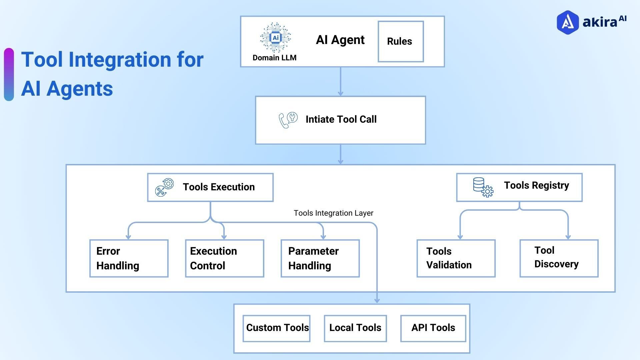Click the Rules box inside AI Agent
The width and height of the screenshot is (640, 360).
click(x=400, y=42)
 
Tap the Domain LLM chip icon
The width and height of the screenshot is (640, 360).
click(x=275, y=38)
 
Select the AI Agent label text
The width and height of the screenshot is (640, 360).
click(x=340, y=40)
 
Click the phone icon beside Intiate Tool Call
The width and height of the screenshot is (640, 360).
click(x=288, y=120)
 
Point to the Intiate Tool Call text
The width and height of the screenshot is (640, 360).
click(x=341, y=119)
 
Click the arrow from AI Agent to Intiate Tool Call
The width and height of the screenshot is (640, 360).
click(x=340, y=82)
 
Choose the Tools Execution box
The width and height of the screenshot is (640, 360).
click(x=210, y=187)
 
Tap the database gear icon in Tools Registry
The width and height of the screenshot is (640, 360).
click(x=483, y=187)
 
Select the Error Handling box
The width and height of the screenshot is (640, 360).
click(x=129, y=258)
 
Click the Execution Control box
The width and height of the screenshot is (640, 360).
click(x=224, y=258)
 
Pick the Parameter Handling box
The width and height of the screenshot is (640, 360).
click(x=320, y=258)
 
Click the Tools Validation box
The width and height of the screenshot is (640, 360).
click(x=456, y=258)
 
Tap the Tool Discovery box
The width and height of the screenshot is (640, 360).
click(x=559, y=258)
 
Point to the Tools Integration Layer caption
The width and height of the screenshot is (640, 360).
click(x=333, y=213)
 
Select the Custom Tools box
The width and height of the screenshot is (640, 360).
click(x=276, y=328)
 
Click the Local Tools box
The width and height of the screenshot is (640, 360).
click(x=355, y=328)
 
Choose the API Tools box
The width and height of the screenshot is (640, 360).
click(x=433, y=328)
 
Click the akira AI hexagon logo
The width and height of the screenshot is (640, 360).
click(x=567, y=22)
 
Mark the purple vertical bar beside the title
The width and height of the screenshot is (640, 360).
click(x=9, y=74)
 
